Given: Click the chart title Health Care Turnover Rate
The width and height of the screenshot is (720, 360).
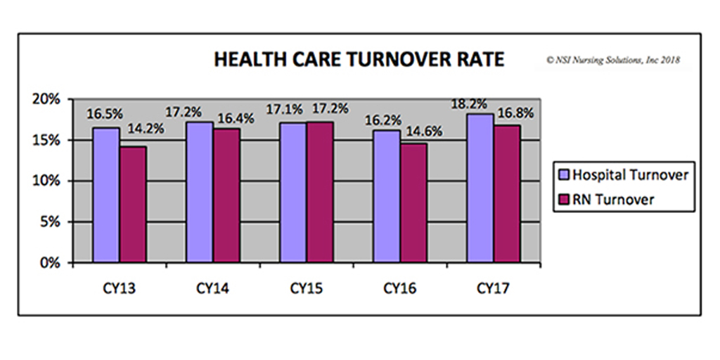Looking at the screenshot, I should tap(359, 60).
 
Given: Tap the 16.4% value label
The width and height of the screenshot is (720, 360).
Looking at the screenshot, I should tap(235, 118).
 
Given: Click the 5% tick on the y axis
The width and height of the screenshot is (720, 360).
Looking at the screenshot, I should tap(57, 222).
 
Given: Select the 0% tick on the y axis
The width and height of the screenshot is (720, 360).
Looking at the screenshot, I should tap(57, 263).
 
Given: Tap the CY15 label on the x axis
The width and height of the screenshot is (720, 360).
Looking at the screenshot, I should tap(307, 288).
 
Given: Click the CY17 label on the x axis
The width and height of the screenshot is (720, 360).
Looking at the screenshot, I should tap(494, 288).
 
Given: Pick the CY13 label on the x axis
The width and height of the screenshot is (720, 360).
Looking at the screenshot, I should tap(119, 288).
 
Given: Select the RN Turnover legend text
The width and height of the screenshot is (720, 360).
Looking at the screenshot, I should tap(614, 199).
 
